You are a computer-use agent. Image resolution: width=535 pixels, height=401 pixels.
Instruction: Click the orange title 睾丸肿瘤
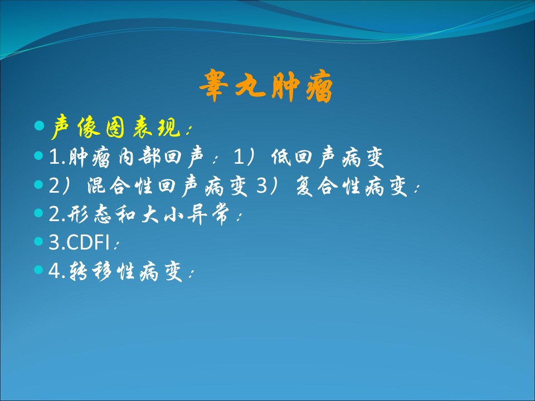tap(266, 86)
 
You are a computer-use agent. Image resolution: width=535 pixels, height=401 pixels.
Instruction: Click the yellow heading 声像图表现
tap(116, 127)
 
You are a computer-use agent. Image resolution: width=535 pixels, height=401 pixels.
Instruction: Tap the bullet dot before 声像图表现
tap(39, 125)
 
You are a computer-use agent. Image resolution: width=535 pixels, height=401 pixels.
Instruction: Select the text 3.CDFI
tap(79, 242)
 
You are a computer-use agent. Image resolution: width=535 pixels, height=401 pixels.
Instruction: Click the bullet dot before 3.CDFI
tap(39, 241)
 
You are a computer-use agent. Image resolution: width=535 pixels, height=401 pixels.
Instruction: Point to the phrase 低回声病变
tap(328, 157)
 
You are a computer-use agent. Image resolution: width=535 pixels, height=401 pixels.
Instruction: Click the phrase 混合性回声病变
tap(167, 186)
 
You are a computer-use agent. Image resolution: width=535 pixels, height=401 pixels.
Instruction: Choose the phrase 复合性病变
tap(352, 186)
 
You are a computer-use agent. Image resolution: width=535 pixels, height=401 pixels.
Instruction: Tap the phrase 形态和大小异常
tap(148, 214)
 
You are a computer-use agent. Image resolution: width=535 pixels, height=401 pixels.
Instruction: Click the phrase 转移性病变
tap(125, 271)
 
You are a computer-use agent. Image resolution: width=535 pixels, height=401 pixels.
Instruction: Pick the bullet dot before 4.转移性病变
tap(39, 270)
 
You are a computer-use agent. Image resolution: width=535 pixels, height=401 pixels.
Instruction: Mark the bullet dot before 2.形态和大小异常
tap(39, 213)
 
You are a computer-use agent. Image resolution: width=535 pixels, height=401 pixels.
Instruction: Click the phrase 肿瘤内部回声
tap(137, 157)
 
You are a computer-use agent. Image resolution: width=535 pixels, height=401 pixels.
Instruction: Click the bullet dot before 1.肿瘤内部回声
tap(39, 156)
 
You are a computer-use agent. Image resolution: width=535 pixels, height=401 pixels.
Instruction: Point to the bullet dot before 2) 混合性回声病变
tap(39, 184)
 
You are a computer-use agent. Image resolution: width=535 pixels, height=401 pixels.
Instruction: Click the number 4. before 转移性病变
tap(57, 271)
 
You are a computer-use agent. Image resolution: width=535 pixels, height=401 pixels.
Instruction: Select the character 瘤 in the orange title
tap(319, 87)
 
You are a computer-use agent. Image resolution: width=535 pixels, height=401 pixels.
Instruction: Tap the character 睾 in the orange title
tap(213, 85)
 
